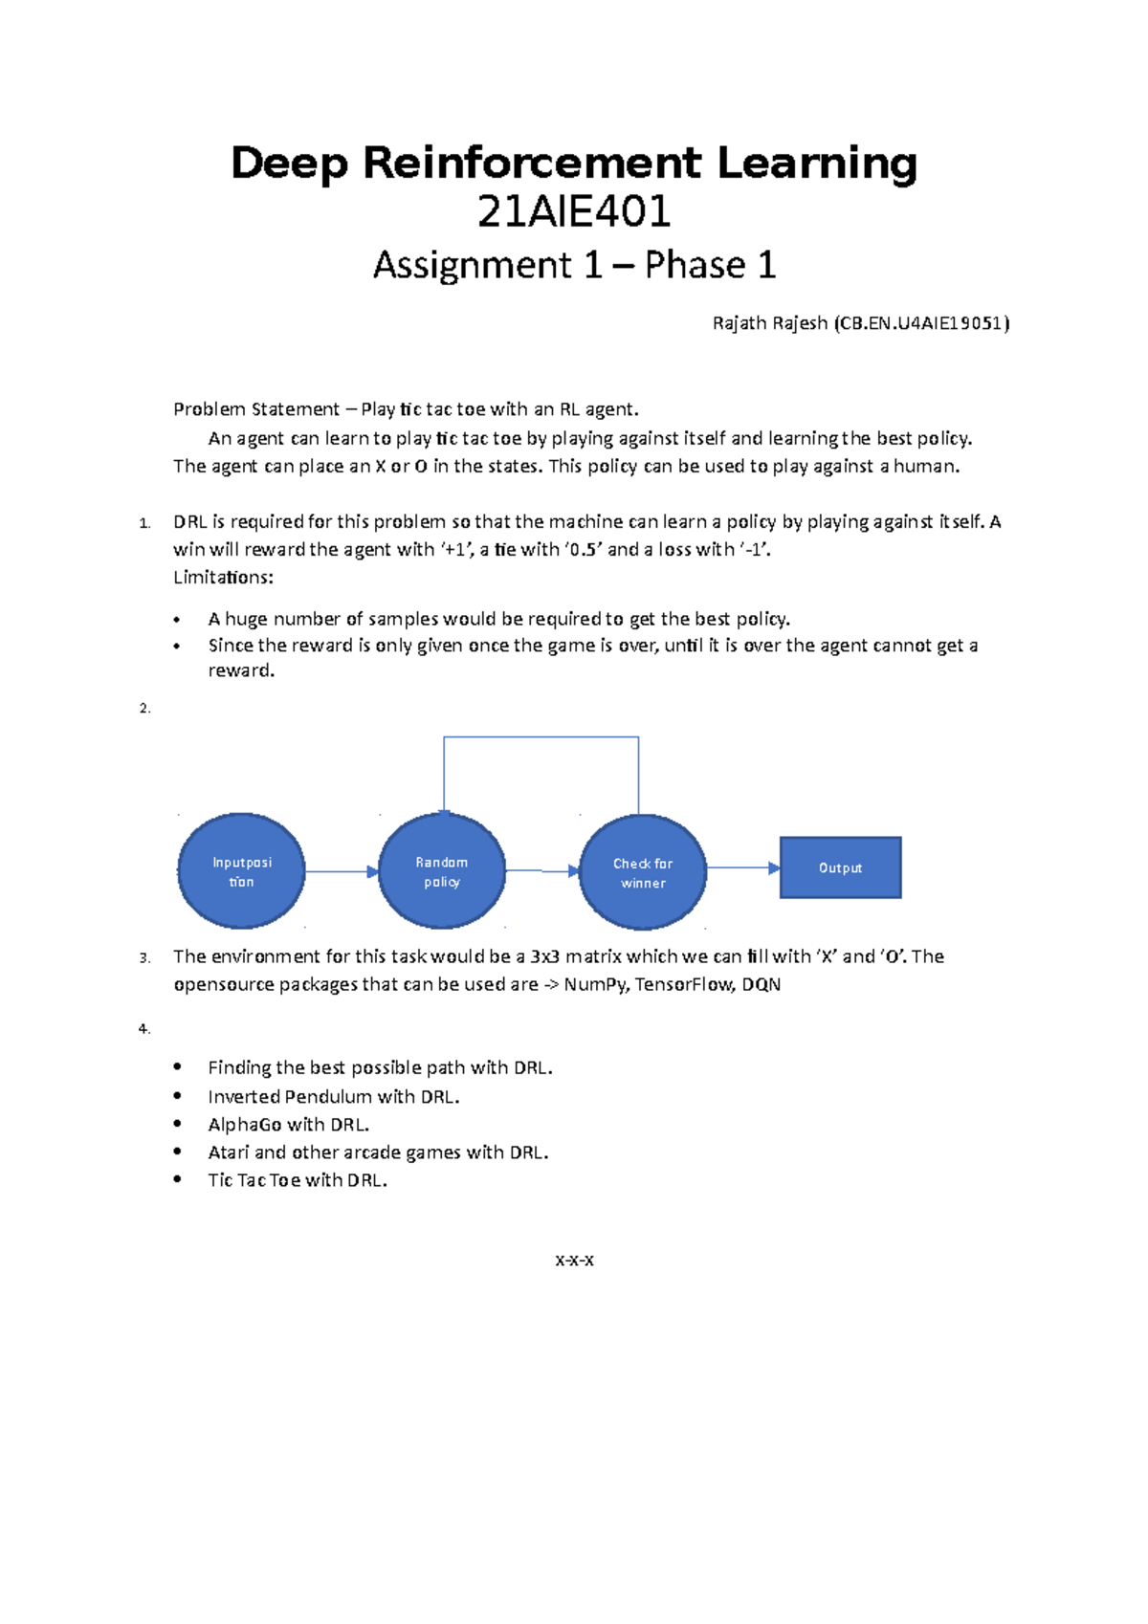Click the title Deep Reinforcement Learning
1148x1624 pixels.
coord(574,164)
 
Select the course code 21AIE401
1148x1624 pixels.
coord(574,212)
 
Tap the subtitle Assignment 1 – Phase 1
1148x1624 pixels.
coord(574,265)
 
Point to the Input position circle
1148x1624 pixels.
coord(241,871)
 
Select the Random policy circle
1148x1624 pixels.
coord(442,871)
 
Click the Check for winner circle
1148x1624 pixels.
coord(643,872)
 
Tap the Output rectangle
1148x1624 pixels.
coord(840,867)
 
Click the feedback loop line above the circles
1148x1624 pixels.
coord(541,737)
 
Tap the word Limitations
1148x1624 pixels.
coord(223,578)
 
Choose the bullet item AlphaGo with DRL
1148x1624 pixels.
coord(288,1125)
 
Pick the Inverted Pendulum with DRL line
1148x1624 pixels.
coord(333,1097)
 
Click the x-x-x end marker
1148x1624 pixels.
coord(574,1261)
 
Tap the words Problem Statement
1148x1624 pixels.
coord(255,409)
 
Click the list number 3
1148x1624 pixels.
coord(143,957)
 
